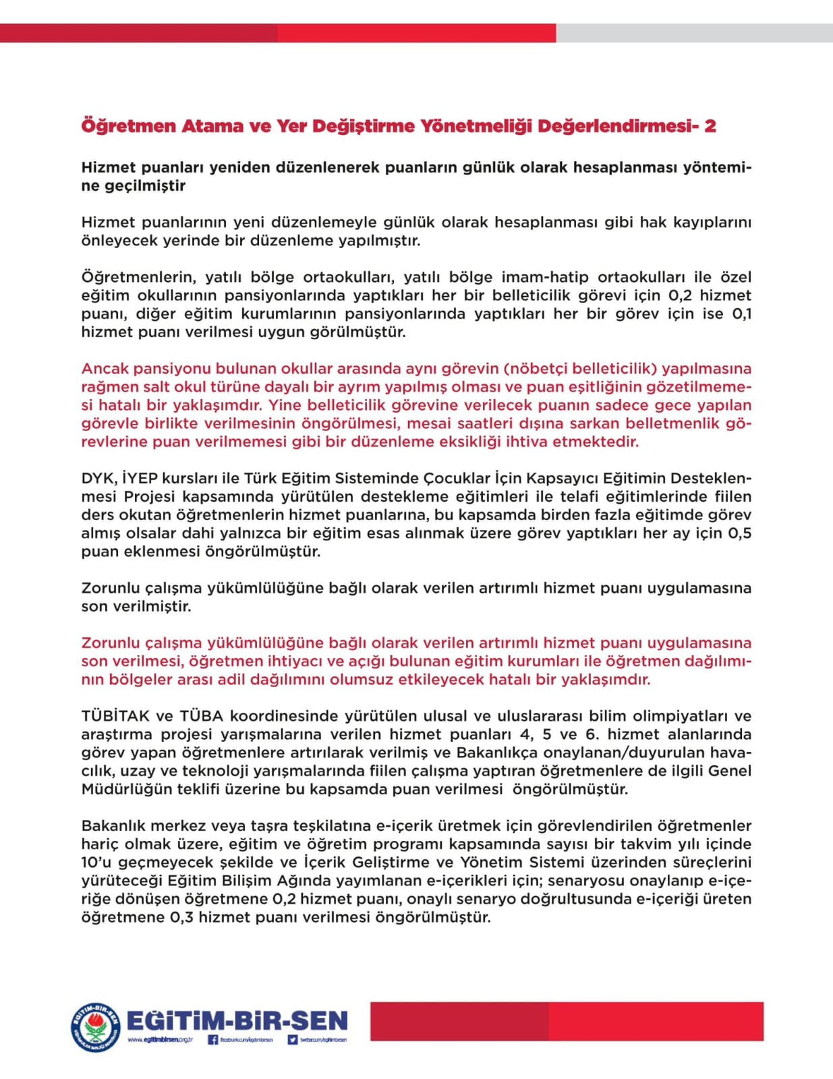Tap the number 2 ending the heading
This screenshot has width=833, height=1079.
pyautogui.click(x=710, y=126)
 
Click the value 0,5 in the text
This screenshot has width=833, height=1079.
pyautogui.click(x=739, y=533)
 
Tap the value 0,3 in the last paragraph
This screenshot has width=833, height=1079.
pyautogui.click(x=179, y=917)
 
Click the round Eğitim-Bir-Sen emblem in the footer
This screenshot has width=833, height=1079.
pyautogui.click(x=96, y=1027)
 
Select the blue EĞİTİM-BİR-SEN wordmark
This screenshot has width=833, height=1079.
pyautogui.click(x=237, y=1020)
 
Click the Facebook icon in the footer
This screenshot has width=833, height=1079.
pyautogui.click(x=212, y=1040)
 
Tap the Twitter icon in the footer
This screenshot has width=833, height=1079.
pyautogui.click(x=293, y=1040)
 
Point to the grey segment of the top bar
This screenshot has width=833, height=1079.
pyautogui.click(x=694, y=33)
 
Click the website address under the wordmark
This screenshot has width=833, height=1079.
pyautogui.click(x=160, y=1040)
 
